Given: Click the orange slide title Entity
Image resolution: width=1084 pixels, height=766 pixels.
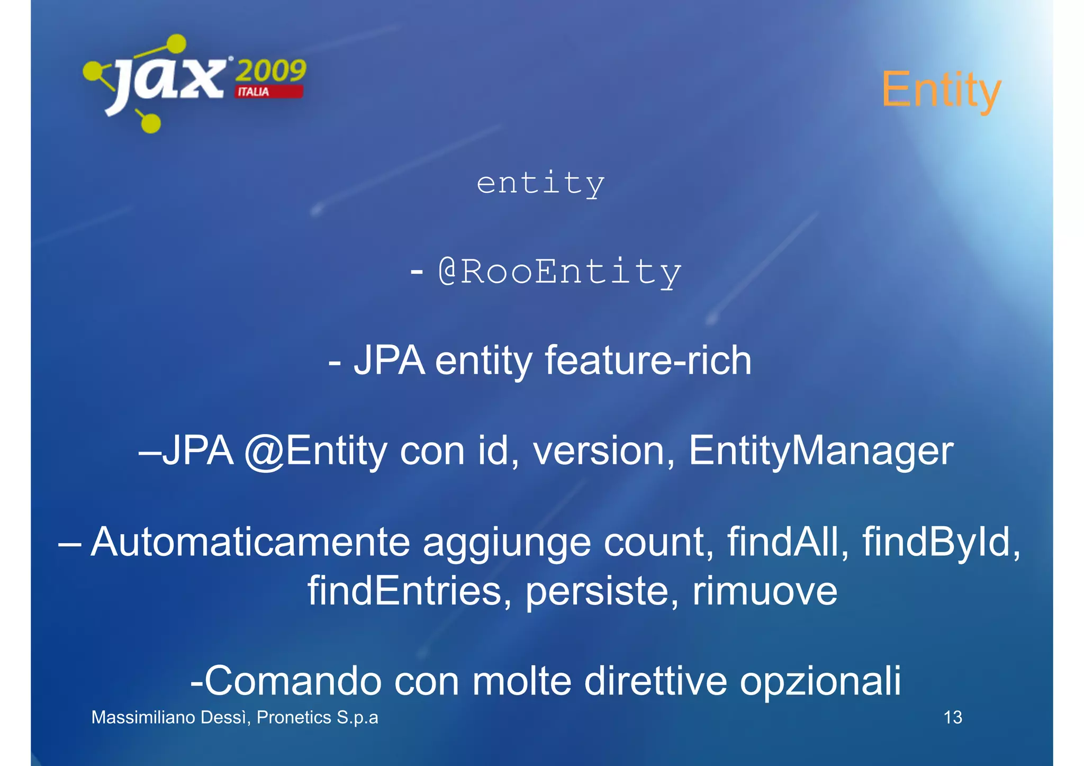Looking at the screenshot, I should click(x=941, y=90).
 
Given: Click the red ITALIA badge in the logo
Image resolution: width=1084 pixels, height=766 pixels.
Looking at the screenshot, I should click(x=269, y=92).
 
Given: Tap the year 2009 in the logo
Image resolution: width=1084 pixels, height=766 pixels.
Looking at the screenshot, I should click(x=271, y=70).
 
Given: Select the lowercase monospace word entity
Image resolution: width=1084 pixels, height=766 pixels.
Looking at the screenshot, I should click(x=540, y=183).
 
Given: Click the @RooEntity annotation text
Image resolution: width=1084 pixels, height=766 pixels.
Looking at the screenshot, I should click(x=560, y=272).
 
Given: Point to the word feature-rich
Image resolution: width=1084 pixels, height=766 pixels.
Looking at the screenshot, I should click(x=648, y=361).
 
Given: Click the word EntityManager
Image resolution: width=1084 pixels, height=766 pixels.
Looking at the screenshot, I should click(x=821, y=451).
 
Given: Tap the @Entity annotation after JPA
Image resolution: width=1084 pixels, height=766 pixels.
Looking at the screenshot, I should click(x=316, y=451).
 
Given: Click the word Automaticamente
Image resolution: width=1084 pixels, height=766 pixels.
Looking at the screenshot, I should click(x=250, y=542).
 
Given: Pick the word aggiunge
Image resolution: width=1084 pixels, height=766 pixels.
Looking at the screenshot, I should click(x=507, y=543).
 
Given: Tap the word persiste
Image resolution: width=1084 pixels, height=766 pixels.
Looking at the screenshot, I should click(x=602, y=591).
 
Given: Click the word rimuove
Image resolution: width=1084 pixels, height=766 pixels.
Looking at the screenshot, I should click(x=765, y=591).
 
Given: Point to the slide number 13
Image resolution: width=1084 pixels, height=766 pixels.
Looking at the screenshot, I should click(x=953, y=717).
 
